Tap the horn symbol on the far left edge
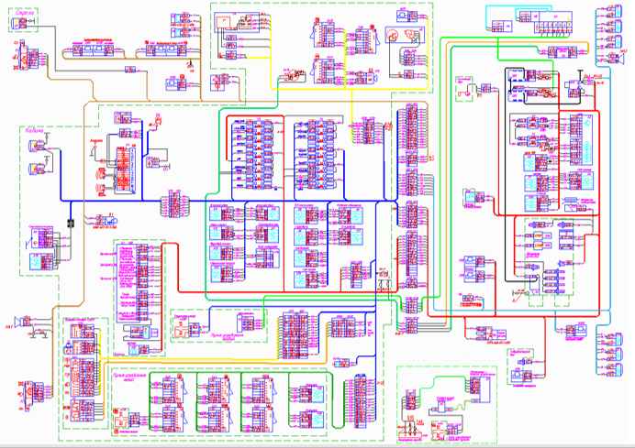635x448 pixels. point(17,322)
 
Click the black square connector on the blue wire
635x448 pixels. point(71,223)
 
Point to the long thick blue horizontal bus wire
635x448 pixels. point(275,201)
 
